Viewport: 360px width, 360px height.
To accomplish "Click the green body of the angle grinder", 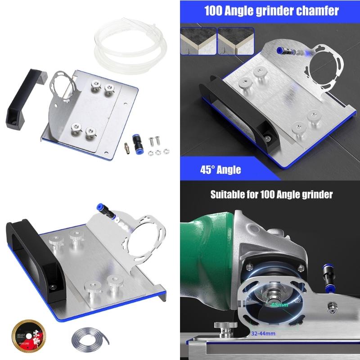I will (x=207, y=252).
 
